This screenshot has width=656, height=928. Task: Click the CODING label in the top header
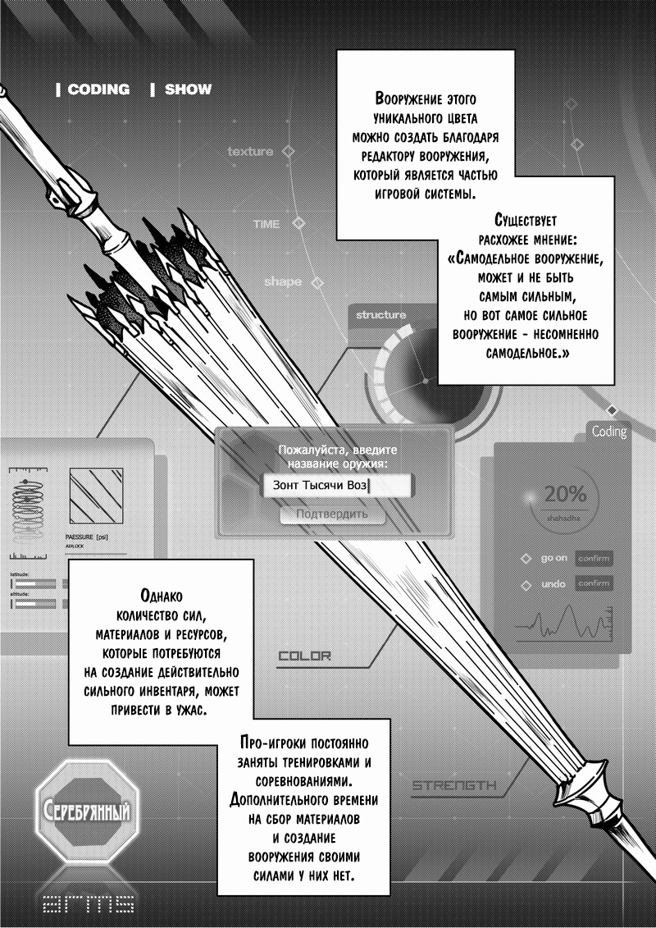(x=98, y=89)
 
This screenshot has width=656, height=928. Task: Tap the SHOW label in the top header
(x=188, y=89)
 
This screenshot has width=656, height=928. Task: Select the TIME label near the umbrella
(x=267, y=223)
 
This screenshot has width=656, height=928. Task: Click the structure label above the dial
(x=380, y=315)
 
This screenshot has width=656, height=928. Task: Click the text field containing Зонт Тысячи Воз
(x=324, y=486)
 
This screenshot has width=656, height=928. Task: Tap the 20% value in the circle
(x=565, y=495)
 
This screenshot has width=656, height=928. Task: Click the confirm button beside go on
(x=594, y=558)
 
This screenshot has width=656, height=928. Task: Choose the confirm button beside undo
(x=594, y=584)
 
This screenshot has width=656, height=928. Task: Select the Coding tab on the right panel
(x=608, y=432)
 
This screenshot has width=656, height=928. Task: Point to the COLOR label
(x=304, y=656)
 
